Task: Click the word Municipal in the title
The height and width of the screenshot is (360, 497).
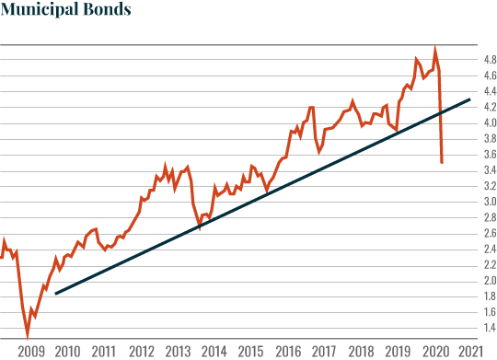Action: click(43, 12)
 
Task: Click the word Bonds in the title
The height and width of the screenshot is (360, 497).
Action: click(110, 12)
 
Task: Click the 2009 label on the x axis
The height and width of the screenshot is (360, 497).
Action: click(31, 351)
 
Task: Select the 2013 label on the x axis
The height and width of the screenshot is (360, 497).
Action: click(178, 351)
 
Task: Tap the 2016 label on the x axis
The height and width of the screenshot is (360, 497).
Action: click(287, 351)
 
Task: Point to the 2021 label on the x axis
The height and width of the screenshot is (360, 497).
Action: click(469, 351)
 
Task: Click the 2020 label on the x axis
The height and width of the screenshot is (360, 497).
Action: click(433, 351)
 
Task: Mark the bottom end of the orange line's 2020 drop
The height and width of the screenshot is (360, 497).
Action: click(443, 163)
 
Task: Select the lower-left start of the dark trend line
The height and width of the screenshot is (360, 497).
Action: click(56, 294)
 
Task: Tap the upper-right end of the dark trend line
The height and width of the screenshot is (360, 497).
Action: click(471, 99)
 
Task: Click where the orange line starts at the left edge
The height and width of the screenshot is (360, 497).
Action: click(2, 258)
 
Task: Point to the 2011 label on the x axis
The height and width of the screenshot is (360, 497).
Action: click(104, 351)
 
